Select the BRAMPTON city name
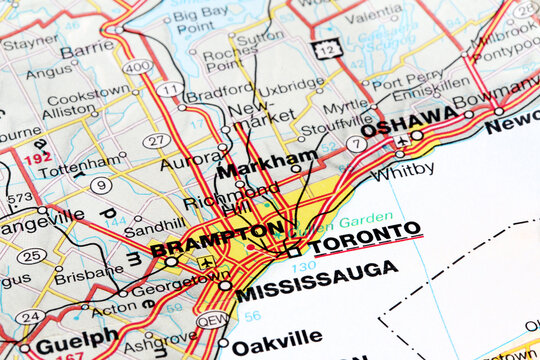tap(216, 238)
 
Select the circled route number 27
tap(155, 140)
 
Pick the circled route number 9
tap(101, 185)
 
